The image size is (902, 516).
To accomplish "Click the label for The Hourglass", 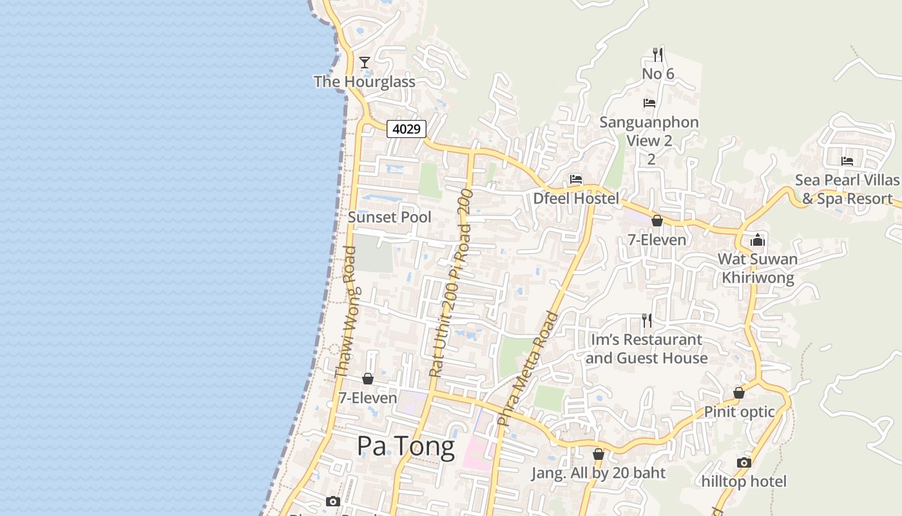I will tap(364, 82).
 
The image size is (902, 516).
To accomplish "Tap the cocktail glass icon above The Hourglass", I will tap(365, 63).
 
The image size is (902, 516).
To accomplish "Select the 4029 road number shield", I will tap(407, 129).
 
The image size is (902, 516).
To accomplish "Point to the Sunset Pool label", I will tap(390, 217).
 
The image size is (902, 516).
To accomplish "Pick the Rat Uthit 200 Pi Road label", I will tap(451, 284).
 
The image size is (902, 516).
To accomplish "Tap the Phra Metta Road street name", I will tap(528, 368).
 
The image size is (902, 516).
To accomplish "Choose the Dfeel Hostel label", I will tap(576, 198).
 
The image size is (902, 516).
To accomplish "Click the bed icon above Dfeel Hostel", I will tap(576, 179).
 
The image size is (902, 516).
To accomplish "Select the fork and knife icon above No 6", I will tap(657, 54).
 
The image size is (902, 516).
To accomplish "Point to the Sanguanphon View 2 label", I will tap(649, 131).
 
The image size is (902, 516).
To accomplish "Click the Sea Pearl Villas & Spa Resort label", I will tap(847, 189).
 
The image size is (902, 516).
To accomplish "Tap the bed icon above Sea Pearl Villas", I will tap(847, 161).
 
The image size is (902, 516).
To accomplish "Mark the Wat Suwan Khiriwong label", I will tap(758, 268).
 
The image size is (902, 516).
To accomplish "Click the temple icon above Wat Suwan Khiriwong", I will tap(758, 241).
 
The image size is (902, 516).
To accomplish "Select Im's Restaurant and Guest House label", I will tap(646, 348).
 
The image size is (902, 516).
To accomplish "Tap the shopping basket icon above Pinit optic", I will tap(739, 393).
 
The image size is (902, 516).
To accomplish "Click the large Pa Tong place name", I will tap(405, 446).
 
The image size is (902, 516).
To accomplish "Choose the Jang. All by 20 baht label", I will tap(598, 473).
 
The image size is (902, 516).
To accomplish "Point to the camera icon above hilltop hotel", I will tap(744, 462).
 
